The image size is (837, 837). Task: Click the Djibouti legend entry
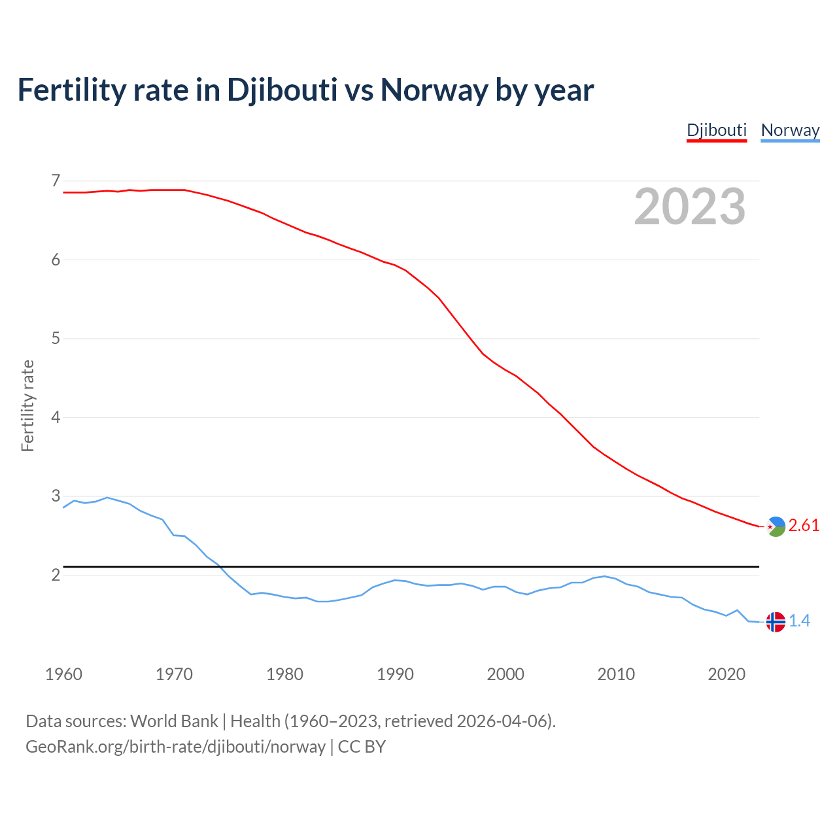tap(716, 130)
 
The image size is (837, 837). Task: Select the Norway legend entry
tap(790, 130)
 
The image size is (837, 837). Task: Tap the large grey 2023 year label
tap(690, 207)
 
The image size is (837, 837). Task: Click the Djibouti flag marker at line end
tap(776, 526)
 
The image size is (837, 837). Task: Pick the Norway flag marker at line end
tap(776, 621)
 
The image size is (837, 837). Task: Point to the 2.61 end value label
tap(804, 526)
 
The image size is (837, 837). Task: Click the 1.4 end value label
tap(799, 621)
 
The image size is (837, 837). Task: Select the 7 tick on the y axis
tap(56, 180)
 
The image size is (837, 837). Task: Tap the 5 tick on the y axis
tap(56, 339)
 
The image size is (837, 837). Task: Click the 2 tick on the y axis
tap(56, 575)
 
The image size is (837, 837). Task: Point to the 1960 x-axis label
tap(63, 674)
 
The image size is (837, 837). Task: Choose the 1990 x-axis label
tap(395, 674)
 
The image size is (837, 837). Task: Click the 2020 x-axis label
tap(726, 674)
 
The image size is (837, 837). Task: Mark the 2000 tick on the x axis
tap(505, 674)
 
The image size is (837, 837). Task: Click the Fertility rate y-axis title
tap(27, 405)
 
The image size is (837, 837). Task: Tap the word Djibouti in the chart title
tap(282, 90)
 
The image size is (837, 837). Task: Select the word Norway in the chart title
tap(434, 90)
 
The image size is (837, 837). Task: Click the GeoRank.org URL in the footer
tap(175, 746)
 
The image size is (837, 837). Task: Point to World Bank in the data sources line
tap(174, 721)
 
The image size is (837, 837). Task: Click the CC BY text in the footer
tap(362, 746)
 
